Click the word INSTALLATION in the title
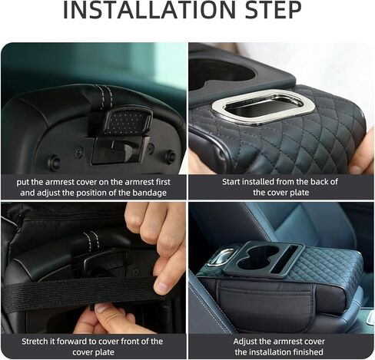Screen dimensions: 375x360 point(149,10)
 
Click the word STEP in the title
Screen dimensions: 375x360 point(273,10)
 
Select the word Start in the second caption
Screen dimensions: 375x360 point(231,182)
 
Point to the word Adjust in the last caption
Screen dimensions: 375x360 point(246,342)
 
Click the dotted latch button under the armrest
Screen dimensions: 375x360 point(128,120)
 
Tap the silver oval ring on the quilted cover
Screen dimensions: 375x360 point(263,107)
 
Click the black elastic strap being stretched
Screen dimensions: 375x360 point(77,289)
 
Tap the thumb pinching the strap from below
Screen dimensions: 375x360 point(108,312)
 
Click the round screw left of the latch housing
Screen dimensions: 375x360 point(79,151)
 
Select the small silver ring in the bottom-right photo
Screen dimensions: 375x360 point(221,256)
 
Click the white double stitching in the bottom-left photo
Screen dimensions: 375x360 point(91,238)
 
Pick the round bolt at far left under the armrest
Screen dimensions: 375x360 point(55,162)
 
